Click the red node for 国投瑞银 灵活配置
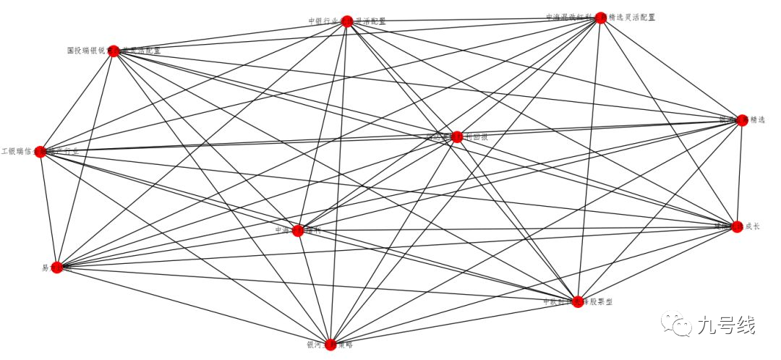pyautogui.click(x=113, y=51)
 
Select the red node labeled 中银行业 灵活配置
pyautogui.click(x=346, y=21)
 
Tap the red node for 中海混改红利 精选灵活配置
pyautogui.click(x=599, y=18)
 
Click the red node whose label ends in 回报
pyautogui.click(x=456, y=136)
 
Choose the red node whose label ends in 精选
pyautogui.click(x=741, y=120)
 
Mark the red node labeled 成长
pyautogui.click(x=737, y=226)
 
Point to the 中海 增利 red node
pyautogui.click(x=297, y=231)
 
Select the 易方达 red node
pyautogui.click(x=58, y=267)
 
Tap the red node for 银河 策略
pyautogui.click(x=330, y=344)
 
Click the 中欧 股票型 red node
pyautogui.click(x=578, y=302)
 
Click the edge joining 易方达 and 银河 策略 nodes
pyautogui.click(x=194, y=306)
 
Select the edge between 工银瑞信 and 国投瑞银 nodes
pyautogui.click(x=77, y=101)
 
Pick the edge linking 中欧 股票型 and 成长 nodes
pyautogui.click(x=657, y=264)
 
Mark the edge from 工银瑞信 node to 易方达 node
pyautogui.click(x=49, y=210)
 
